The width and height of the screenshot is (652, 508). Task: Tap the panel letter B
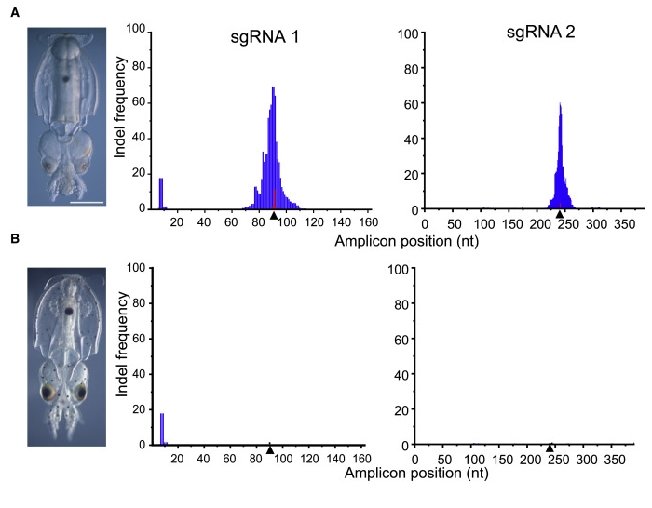(x=13, y=239)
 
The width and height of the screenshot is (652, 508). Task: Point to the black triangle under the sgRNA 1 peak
(x=273, y=216)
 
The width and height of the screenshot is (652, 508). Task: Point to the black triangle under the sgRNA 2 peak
(x=559, y=216)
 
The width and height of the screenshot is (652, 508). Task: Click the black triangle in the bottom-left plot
(x=270, y=450)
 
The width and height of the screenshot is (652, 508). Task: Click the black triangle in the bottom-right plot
(x=550, y=448)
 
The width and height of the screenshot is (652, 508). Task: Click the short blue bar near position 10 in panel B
(x=162, y=429)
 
